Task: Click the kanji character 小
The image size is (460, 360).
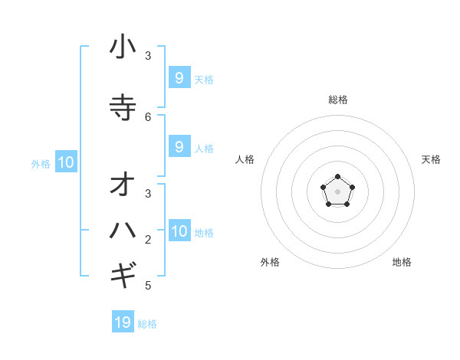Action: pyautogui.click(x=123, y=47)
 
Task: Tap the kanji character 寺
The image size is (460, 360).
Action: pyautogui.click(x=123, y=107)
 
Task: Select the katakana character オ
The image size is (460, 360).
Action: pyautogui.click(x=123, y=185)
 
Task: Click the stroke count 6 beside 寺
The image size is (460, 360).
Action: pyautogui.click(x=148, y=116)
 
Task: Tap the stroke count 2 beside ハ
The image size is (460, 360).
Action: pyautogui.click(x=148, y=240)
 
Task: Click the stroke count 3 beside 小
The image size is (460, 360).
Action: pyautogui.click(x=148, y=55)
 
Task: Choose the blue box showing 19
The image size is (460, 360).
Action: pyautogui.click(x=123, y=322)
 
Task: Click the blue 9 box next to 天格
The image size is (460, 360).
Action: pyautogui.click(x=179, y=77)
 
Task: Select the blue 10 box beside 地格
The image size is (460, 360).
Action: pyautogui.click(x=179, y=231)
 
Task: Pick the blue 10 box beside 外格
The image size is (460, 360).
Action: pyautogui.click(x=66, y=162)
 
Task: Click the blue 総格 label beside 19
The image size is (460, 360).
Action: pyautogui.click(x=147, y=324)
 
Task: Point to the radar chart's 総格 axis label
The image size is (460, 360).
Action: pyautogui.click(x=338, y=100)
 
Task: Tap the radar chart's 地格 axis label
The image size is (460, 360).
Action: pyautogui.click(x=402, y=262)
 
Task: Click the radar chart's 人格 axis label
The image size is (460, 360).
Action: pyautogui.click(x=245, y=159)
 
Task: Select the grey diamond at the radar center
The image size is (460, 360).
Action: pyautogui.click(x=337, y=191)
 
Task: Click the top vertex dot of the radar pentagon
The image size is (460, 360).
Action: pyautogui.click(x=337, y=177)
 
